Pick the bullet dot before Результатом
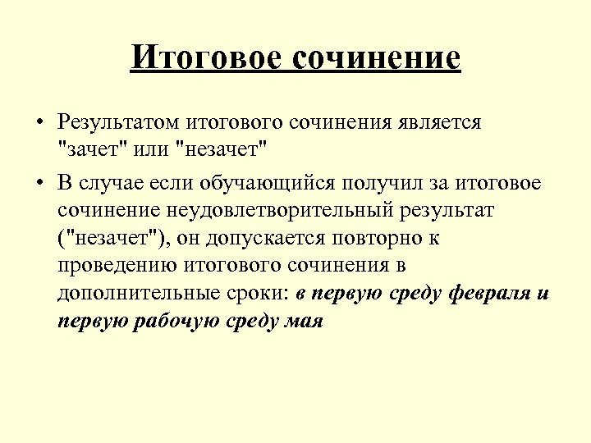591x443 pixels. [x=39, y=124]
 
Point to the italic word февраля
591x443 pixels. [x=492, y=295]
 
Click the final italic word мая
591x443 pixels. [x=305, y=322]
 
